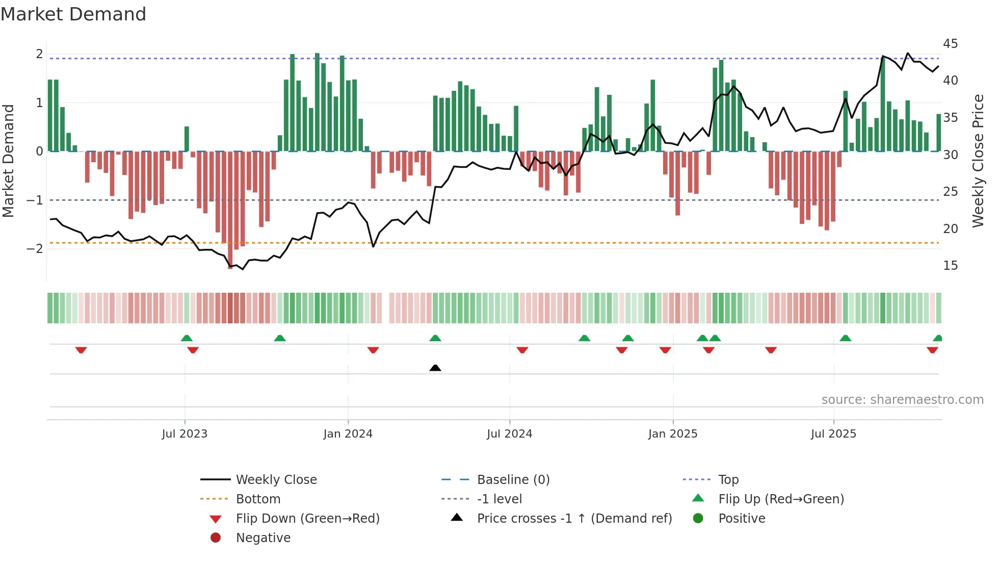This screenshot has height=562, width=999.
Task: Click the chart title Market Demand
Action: (73, 14)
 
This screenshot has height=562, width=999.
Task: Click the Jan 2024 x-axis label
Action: (348, 434)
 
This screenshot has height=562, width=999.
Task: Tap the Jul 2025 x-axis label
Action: (833, 434)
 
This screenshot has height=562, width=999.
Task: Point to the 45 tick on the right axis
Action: (950, 44)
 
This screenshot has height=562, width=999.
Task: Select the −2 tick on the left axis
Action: (35, 249)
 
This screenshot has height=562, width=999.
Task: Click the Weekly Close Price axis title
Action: (978, 161)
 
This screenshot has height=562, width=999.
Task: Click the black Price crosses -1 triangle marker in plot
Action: (435, 368)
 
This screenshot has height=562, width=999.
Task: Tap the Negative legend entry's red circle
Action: (216, 538)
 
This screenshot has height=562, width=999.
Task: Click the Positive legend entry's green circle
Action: (698, 519)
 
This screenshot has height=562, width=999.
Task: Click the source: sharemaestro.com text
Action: (902, 400)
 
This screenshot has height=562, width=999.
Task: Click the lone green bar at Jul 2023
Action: (187, 139)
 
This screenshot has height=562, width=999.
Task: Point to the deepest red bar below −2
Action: (230, 209)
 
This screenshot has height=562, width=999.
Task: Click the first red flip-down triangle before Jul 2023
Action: (81, 350)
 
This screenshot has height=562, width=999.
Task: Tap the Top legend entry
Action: (728, 480)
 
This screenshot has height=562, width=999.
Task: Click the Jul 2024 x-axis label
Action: (509, 434)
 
